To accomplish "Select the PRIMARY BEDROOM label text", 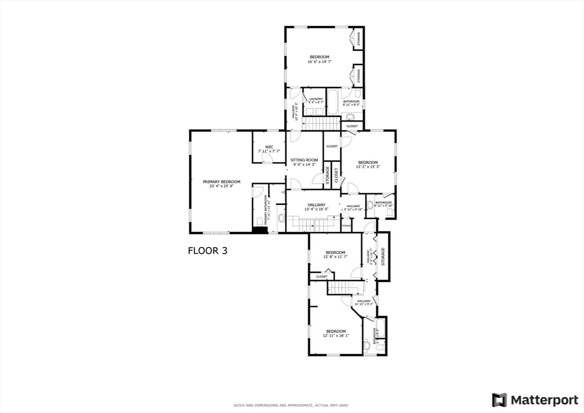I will click(221, 182).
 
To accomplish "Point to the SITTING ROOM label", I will click(304, 160).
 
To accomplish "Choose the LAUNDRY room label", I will click(315, 99).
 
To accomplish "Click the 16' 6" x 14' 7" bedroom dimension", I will click(319, 61).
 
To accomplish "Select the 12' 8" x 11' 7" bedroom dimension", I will click(335, 257).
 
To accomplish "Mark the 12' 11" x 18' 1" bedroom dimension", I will click(335, 335).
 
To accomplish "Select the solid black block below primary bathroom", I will click(260, 230).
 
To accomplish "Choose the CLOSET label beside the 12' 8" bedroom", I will click(322, 277).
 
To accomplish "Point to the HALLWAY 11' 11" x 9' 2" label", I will click(363, 302).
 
